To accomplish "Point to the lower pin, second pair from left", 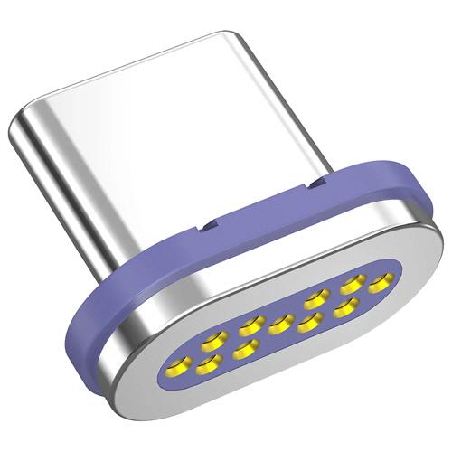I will (245, 347).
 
